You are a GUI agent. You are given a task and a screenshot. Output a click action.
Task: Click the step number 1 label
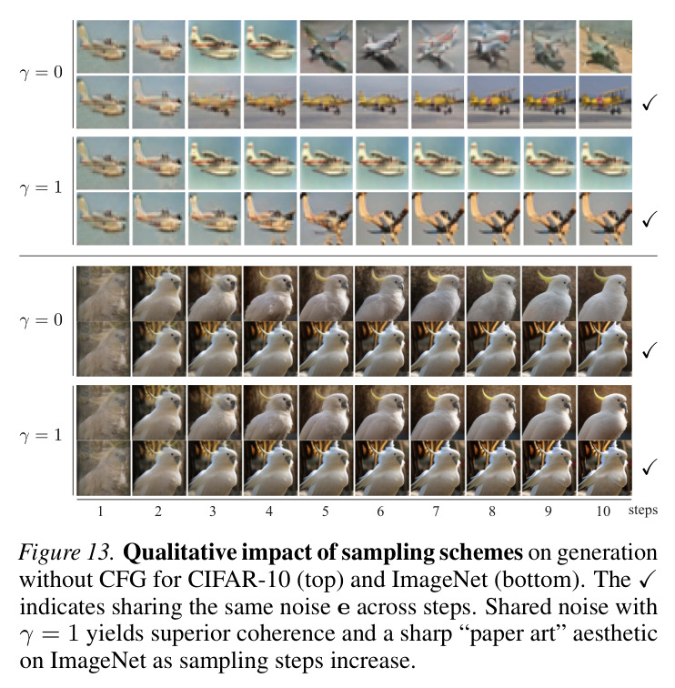(x=100, y=511)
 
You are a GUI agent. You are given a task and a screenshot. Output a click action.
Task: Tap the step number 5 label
(x=325, y=511)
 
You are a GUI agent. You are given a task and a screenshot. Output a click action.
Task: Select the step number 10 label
(x=603, y=511)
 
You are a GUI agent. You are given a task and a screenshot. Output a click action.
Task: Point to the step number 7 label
(x=436, y=511)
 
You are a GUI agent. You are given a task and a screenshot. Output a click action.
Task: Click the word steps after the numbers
(x=643, y=511)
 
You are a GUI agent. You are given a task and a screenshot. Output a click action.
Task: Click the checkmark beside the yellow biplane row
(x=650, y=102)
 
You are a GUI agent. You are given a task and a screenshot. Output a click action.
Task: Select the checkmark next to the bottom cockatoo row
(x=650, y=467)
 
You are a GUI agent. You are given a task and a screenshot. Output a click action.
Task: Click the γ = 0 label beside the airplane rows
(x=41, y=73)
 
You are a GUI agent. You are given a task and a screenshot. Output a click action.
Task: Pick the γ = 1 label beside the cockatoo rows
(x=41, y=436)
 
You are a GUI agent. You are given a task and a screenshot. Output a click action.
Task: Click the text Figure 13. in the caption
(x=66, y=552)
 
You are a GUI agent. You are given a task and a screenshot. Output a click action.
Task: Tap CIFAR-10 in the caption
(x=239, y=580)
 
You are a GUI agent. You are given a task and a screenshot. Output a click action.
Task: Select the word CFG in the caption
(x=123, y=580)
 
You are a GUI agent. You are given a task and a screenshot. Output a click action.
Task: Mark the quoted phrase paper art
(x=512, y=635)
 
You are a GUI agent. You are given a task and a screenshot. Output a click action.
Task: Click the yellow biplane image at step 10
(x=605, y=102)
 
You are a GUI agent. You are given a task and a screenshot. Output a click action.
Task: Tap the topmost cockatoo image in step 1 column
(x=104, y=293)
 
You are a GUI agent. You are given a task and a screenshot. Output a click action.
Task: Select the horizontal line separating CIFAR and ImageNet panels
(x=338, y=256)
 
